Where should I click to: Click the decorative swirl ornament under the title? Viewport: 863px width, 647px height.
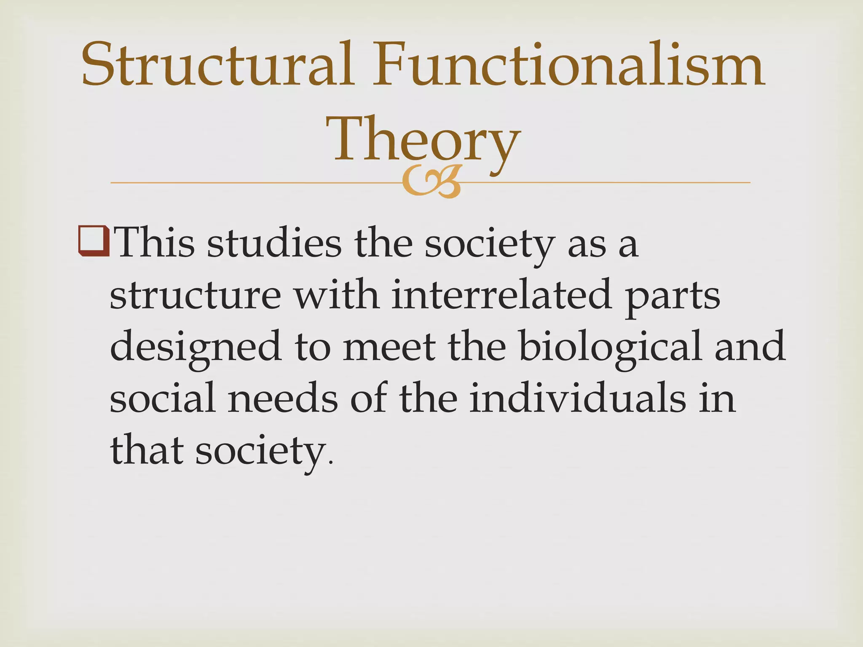[431, 182]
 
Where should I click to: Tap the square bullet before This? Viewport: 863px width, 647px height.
[94, 242]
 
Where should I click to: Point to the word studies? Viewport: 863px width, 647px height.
[274, 243]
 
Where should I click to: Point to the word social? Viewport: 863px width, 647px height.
[163, 398]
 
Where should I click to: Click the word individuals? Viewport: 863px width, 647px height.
[578, 398]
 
